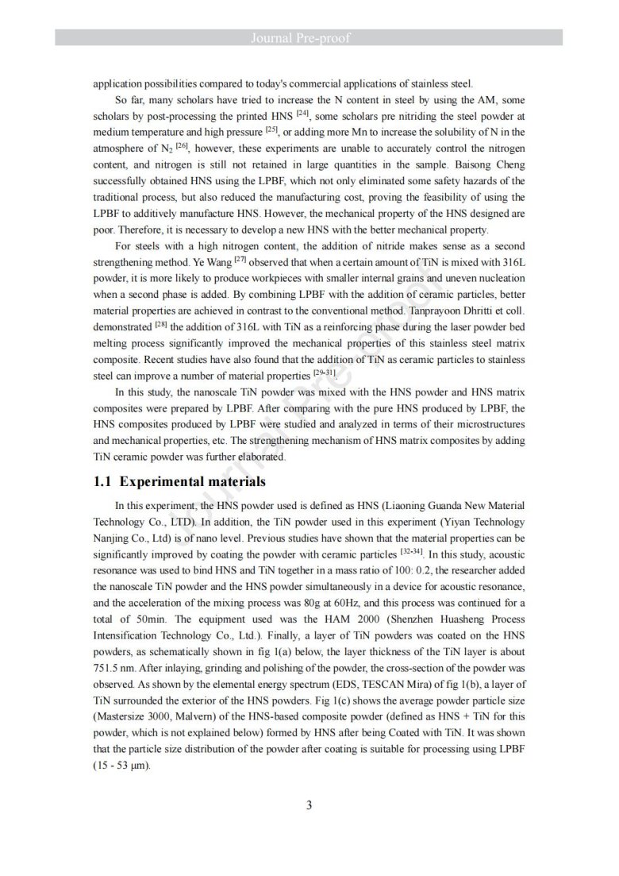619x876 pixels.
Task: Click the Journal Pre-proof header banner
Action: pos(309,37)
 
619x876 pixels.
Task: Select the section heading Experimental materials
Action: pos(191,481)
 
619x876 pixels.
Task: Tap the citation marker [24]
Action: pos(302,114)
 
